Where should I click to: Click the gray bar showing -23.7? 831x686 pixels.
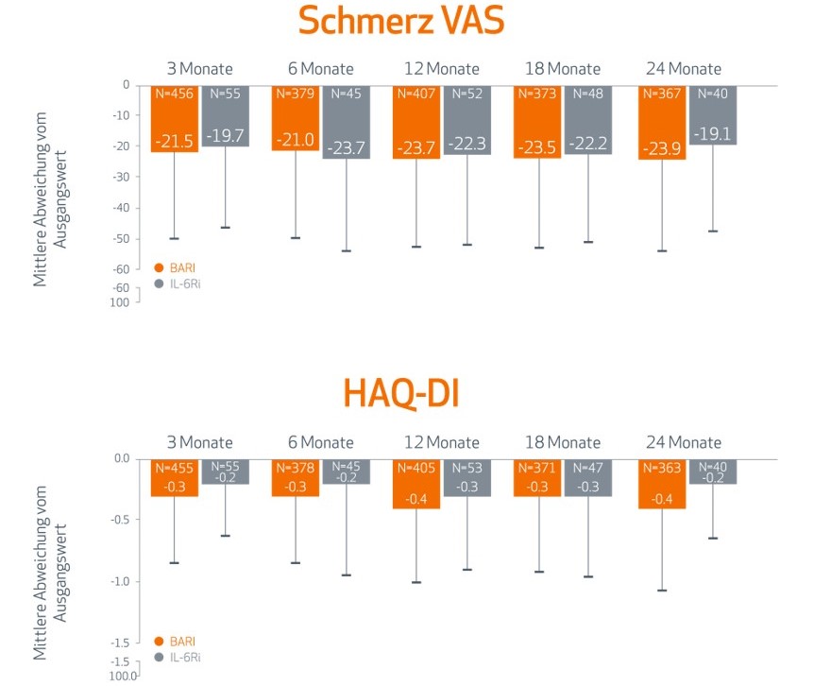[x=346, y=122]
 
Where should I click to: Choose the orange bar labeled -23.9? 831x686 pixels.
[x=661, y=122]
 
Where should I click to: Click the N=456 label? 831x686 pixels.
[x=175, y=94]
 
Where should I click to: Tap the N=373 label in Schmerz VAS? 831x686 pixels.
[x=538, y=94]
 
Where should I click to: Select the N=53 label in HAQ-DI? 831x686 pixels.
[x=467, y=468]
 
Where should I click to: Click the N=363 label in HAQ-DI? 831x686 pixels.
[x=661, y=468]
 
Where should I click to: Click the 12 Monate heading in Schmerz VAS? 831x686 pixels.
[x=440, y=69]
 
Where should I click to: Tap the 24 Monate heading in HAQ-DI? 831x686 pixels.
[x=684, y=442]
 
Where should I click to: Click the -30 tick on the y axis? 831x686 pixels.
[x=122, y=177]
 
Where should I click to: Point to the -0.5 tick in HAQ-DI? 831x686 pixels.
[x=120, y=520]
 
